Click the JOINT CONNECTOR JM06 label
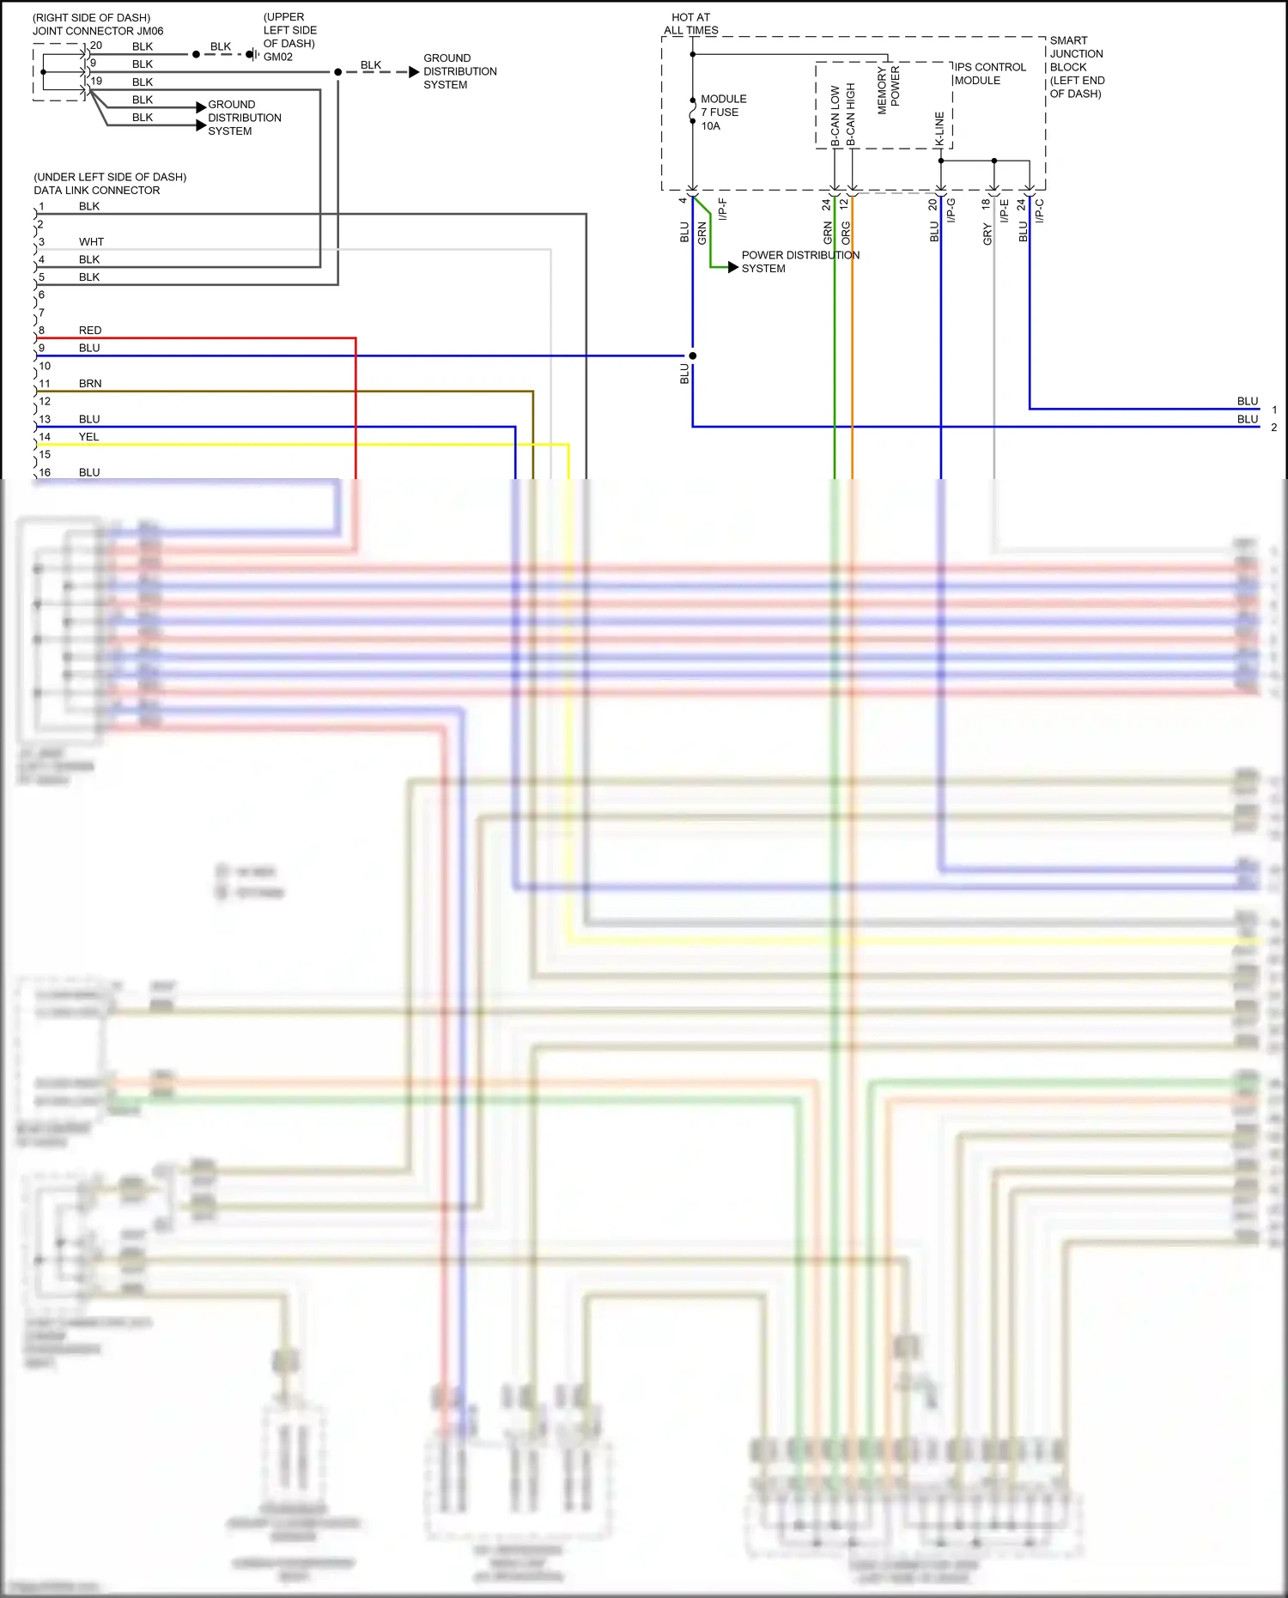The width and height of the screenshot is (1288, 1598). [x=98, y=31]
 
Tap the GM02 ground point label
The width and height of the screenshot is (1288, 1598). [x=278, y=58]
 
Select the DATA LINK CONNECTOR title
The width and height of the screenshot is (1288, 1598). [x=97, y=191]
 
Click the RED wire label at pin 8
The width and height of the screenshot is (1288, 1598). [x=90, y=331]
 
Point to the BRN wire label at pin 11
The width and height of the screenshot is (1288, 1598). [x=90, y=384]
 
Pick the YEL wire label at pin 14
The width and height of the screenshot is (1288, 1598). [x=89, y=437]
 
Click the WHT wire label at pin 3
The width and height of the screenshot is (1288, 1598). [x=91, y=242]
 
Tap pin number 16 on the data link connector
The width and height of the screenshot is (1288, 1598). [x=45, y=472]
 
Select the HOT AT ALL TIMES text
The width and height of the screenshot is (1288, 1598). [x=691, y=24]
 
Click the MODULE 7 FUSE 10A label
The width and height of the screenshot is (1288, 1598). [x=723, y=112]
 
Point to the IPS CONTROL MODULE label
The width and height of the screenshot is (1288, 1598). [x=990, y=74]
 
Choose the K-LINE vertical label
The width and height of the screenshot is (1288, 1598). [x=939, y=129]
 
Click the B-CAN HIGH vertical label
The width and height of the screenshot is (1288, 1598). [x=851, y=114]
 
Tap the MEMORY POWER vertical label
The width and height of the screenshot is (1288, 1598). [x=889, y=90]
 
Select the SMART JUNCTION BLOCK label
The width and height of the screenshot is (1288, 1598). [x=1077, y=67]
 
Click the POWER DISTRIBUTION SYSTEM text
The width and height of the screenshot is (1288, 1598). [x=800, y=262]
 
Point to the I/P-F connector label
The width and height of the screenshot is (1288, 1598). [x=723, y=210]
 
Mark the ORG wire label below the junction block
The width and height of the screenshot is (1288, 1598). [x=846, y=232]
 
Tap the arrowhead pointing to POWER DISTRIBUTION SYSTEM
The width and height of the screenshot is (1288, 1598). [x=732, y=268]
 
